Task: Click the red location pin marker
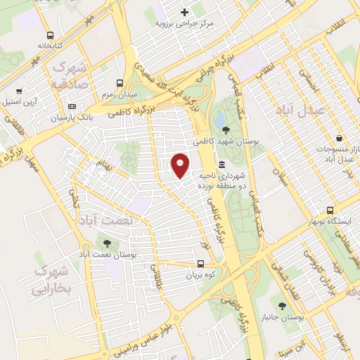click(181, 165)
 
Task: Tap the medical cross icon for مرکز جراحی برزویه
click(185, 12)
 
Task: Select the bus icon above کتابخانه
click(50, 35)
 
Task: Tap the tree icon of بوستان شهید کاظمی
click(225, 130)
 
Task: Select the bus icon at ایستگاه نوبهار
click(330, 210)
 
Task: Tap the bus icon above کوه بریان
click(201, 264)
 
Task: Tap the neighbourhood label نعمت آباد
click(107, 220)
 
